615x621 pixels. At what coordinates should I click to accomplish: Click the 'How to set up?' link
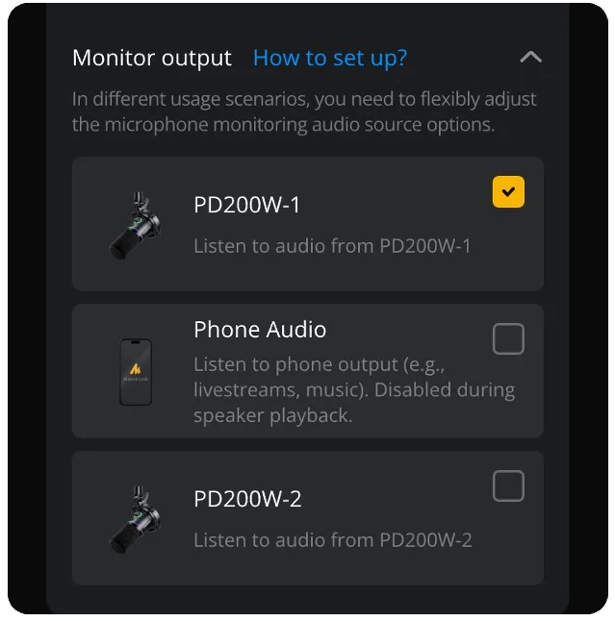pyautogui.click(x=329, y=58)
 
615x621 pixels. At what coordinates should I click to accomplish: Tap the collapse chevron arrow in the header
pyautogui.click(x=530, y=58)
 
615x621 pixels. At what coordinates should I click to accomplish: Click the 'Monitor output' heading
pyautogui.click(x=152, y=58)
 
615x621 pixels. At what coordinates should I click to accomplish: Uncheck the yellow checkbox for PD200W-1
pyautogui.click(x=508, y=192)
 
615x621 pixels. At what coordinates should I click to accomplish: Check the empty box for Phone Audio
pyautogui.click(x=508, y=339)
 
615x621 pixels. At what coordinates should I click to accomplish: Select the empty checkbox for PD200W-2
pyautogui.click(x=508, y=486)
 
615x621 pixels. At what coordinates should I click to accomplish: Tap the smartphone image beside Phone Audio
pyautogui.click(x=136, y=372)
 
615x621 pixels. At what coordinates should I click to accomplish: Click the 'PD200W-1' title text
pyautogui.click(x=247, y=205)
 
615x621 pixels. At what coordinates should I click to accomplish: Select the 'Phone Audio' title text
pyautogui.click(x=260, y=330)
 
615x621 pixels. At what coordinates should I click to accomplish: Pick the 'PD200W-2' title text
pyautogui.click(x=247, y=499)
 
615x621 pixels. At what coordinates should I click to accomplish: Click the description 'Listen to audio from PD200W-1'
pyautogui.click(x=332, y=246)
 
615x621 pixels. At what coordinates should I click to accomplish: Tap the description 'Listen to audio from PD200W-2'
pyautogui.click(x=332, y=540)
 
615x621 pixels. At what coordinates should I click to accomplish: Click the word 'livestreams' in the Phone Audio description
pyautogui.click(x=243, y=391)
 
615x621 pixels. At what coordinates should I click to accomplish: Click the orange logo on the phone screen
pyautogui.click(x=136, y=367)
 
